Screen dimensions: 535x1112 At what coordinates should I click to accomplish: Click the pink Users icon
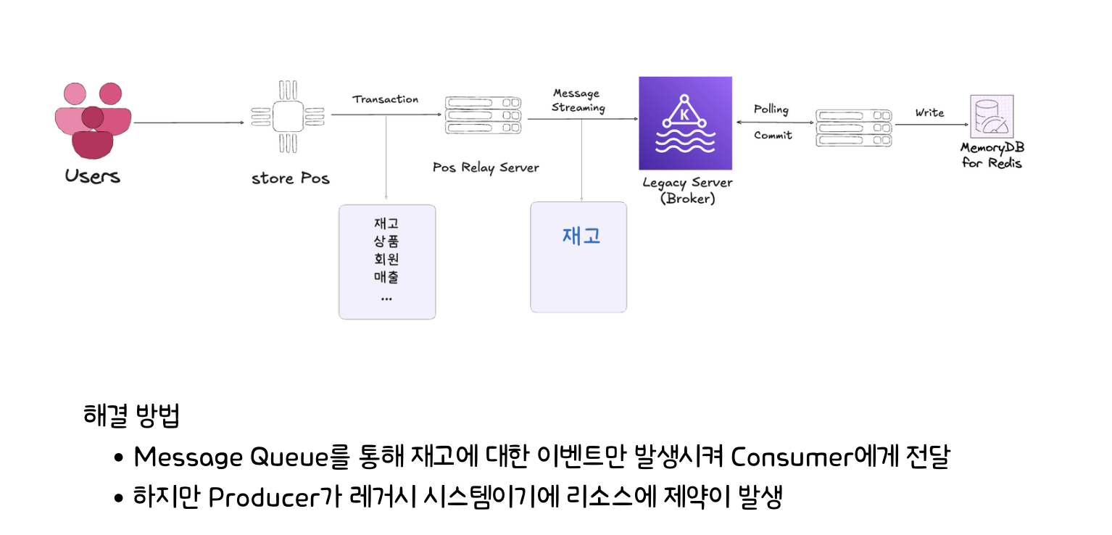tap(93, 121)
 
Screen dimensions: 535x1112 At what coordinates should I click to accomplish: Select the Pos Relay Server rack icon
tap(483, 116)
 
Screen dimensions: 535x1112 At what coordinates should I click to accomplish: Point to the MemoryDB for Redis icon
tap(991, 118)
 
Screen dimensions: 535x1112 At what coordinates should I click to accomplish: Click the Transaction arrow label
tap(386, 99)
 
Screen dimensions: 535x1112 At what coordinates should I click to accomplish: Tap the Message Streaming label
tap(578, 101)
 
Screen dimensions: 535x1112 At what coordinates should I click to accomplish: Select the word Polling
tap(771, 109)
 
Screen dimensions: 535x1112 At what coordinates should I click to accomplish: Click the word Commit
tap(773, 136)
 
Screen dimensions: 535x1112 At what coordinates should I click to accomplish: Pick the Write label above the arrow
tap(929, 112)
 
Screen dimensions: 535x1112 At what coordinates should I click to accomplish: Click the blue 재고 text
tap(581, 236)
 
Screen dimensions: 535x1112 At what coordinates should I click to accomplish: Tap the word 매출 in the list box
tap(386, 277)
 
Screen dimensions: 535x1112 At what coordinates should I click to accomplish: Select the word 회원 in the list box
tap(386, 259)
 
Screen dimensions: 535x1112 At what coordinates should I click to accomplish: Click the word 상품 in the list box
tap(386, 241)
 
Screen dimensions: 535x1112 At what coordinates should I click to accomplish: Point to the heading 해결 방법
tap(132, 416)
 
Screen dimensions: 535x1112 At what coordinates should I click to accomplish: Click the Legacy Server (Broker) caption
tap(687, 190)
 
